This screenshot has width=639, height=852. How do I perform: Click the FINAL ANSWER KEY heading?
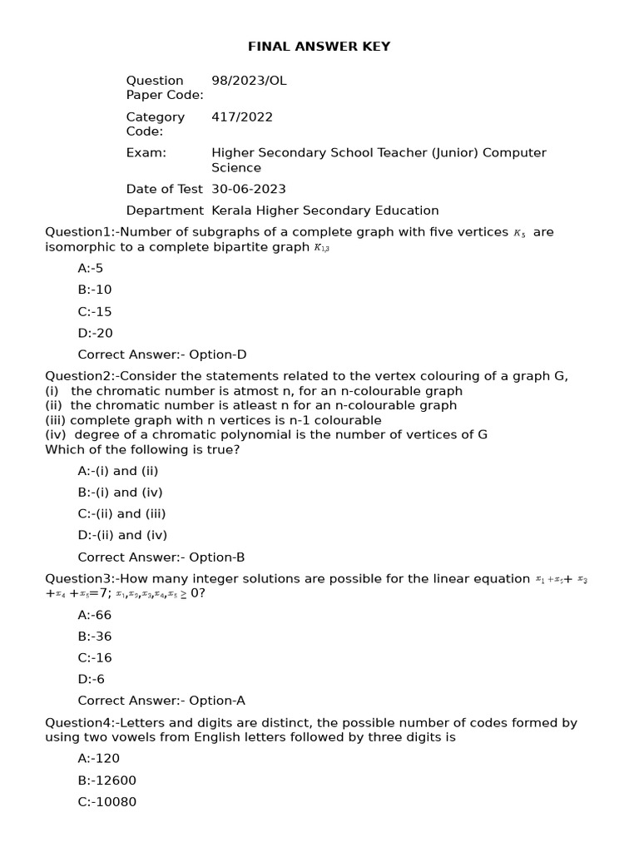point(319,47)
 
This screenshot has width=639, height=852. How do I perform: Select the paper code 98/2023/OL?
point(249,81)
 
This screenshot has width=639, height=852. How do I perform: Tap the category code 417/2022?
point(241,117)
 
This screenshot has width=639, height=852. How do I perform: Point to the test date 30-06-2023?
point(249,189)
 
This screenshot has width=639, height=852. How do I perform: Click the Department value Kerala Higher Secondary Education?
point(324,211)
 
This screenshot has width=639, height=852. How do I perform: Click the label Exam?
point(146,153)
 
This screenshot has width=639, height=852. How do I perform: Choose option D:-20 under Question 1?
point(95,333)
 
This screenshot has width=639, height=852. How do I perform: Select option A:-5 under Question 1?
point(91,268)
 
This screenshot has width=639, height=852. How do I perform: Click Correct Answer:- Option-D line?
point(162,354)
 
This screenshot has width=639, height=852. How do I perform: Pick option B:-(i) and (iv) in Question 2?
point(120,493)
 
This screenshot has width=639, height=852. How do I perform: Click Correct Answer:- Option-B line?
point(161,557)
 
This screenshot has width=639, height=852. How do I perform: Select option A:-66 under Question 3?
point(94,615)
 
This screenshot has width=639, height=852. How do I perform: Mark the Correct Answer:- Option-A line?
point(161,701)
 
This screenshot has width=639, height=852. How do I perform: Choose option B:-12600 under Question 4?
point(106,780)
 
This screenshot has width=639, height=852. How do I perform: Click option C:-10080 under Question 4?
point(106,802)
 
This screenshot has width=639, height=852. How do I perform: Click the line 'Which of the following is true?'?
point(142,450)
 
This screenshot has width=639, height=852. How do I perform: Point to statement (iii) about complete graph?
point(213,420)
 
